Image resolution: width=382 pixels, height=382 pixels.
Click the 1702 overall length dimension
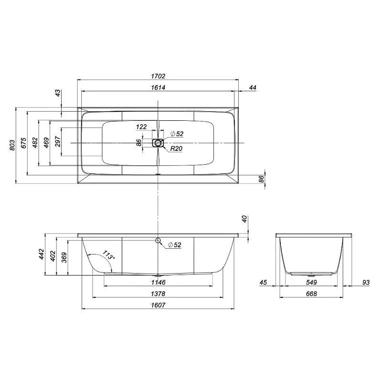click(x=158, y=76)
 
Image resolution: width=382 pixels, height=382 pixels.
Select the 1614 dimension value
click(x=158, y=87)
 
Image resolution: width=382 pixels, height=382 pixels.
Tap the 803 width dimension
click(x=12, y=145)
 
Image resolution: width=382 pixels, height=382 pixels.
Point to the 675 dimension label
click(x=23, y=143)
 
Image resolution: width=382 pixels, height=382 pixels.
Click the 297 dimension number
click(x=58, y=141)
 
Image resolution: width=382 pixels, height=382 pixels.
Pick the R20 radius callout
click(x=176, y=149)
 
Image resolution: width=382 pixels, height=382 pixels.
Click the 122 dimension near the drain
click(x=141, y=127)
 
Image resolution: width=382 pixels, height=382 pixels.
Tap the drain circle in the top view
click(x=158, y=143)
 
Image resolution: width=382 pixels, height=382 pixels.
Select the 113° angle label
click(x=108, y=255)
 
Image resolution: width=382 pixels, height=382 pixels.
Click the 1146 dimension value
click(x=158, y=282)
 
